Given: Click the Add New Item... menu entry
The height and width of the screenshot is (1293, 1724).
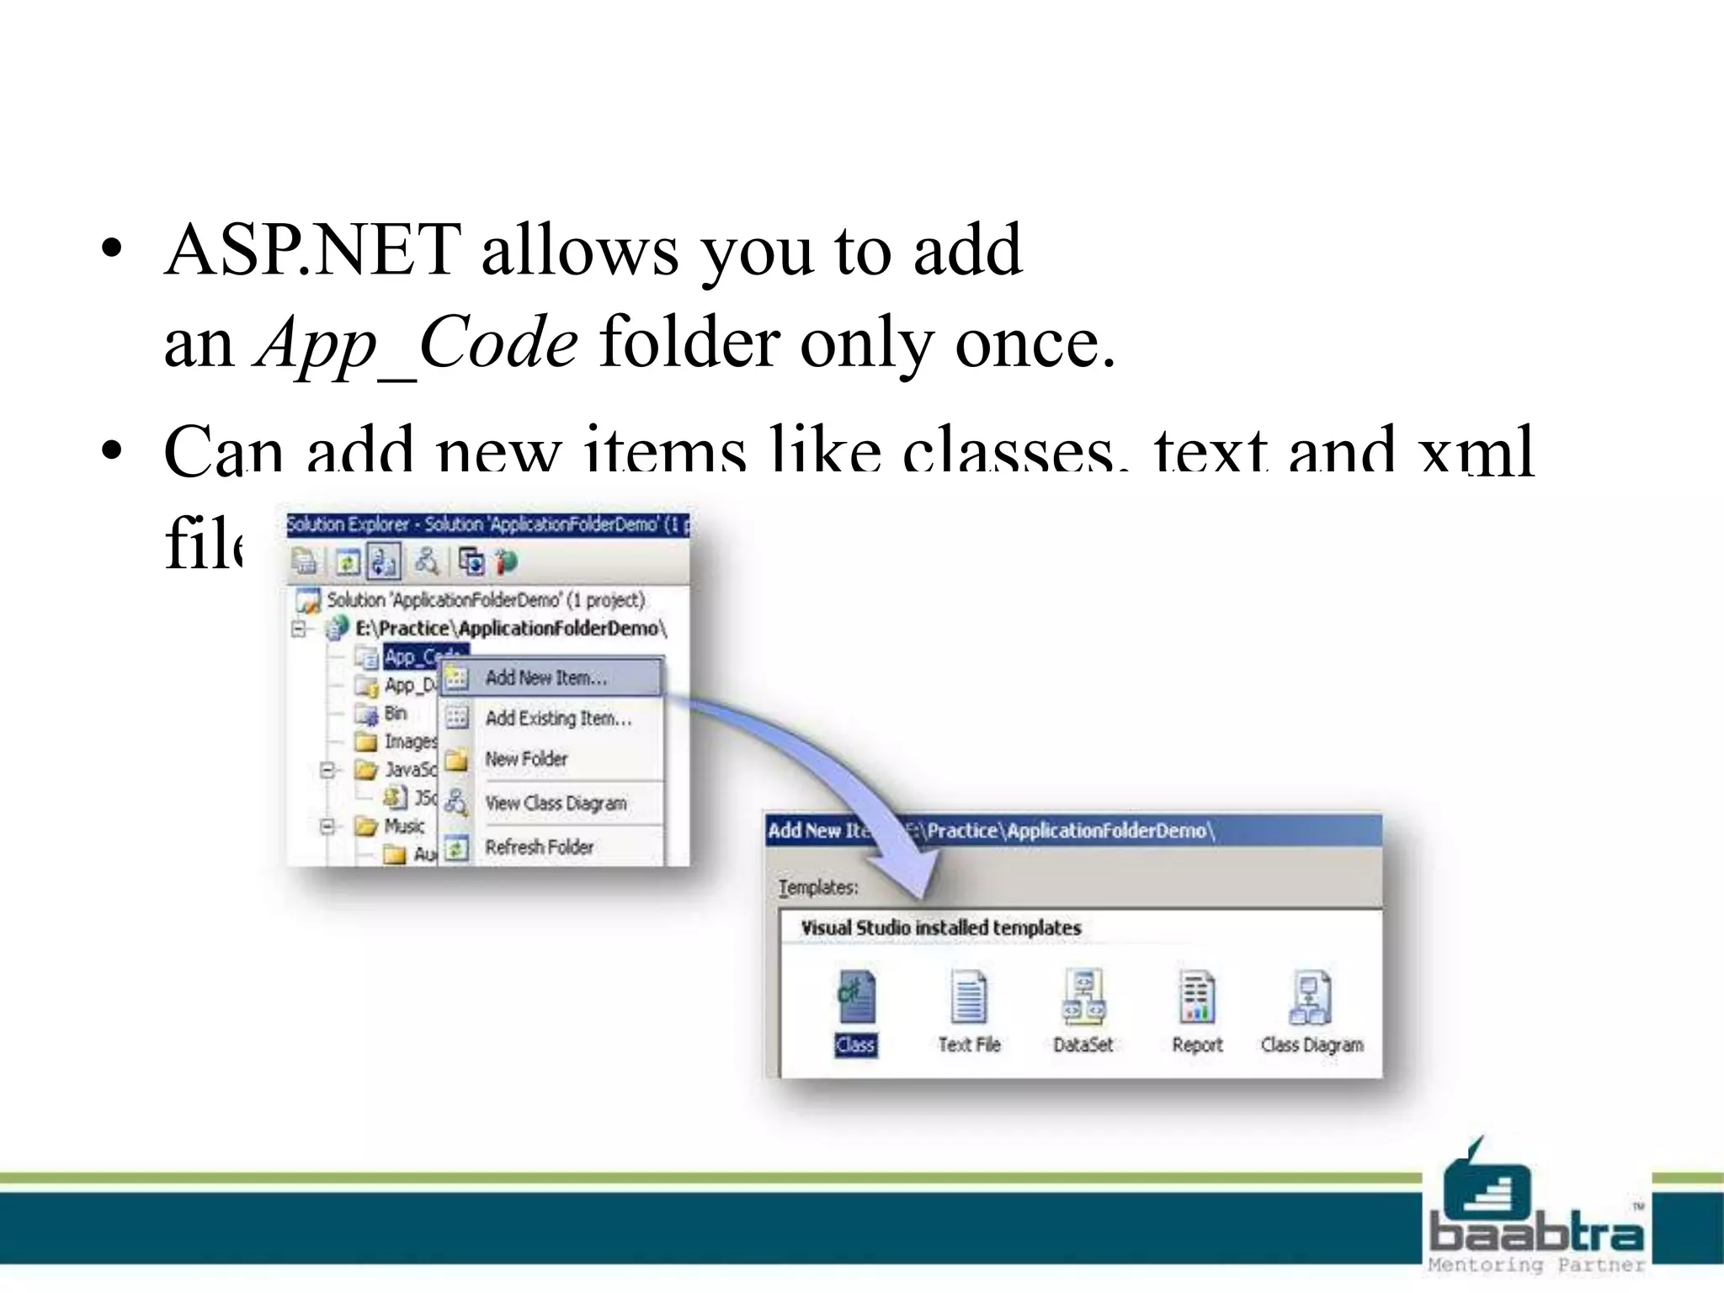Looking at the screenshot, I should click(x=545, y=678).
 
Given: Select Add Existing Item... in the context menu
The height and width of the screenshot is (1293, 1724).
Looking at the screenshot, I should click(x=557, y=718).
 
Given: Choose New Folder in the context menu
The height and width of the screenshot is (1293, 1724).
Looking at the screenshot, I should click(x=526, y=758).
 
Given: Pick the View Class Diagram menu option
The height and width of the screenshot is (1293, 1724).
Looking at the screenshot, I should click(x=556, y=803).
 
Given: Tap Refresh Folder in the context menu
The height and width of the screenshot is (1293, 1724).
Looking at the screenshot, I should click(x=539, y=847).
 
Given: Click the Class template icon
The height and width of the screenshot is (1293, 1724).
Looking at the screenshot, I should click(x=856, y=998).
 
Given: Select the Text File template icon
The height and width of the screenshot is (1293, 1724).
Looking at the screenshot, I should click(x=969, y=998).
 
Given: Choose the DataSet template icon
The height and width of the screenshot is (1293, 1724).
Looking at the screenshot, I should click(x=1083, y=998).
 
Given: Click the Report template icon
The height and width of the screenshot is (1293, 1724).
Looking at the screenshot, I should click(x=1197, y=998).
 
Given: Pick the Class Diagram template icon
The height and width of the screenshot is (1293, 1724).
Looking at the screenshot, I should click(x=1311, y=998).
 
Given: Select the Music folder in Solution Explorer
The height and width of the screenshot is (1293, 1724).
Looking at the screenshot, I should click(x=403, y=826).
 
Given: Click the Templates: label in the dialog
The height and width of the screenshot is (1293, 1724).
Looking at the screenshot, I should click(x=817, y=887).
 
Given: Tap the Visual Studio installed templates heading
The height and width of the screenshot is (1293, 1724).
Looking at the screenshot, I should click(x=940, y=928).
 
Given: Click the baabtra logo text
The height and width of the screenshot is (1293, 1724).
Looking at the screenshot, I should click(x=1535, y=1233).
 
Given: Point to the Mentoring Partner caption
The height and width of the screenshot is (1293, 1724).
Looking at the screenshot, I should click(x=1535, y=1264).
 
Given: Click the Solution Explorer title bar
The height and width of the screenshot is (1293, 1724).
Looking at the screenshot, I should click(x=487, y=524).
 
